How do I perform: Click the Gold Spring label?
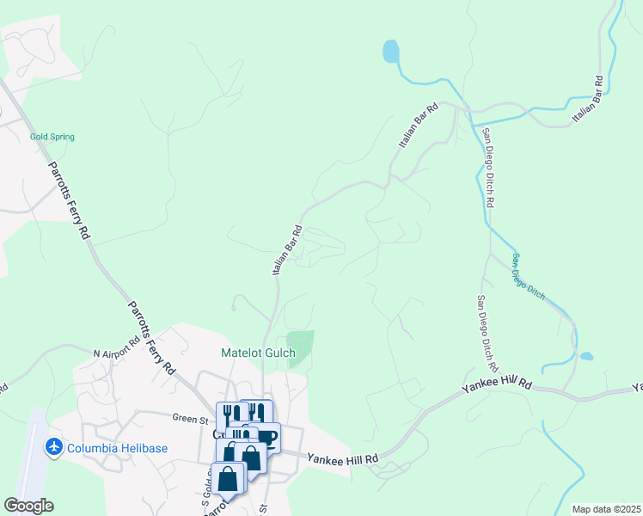pos(52,137)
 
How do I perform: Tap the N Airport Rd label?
pos(115,351)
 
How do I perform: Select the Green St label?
pos(192,420)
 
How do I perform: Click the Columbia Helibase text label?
pos(118,449)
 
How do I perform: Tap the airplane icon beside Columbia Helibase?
pos(53,448)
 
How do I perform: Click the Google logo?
pos(28,506)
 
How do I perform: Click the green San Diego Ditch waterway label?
pos(528,276)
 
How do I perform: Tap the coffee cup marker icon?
pos(266,437)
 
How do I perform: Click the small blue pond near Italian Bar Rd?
pos(391,52)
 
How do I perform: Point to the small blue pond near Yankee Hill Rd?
pos(586,356)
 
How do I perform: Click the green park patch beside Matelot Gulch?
pos(300,346)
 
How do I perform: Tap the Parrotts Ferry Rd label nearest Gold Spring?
pos(68,199)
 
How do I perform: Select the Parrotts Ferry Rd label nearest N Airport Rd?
pos(152,336)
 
